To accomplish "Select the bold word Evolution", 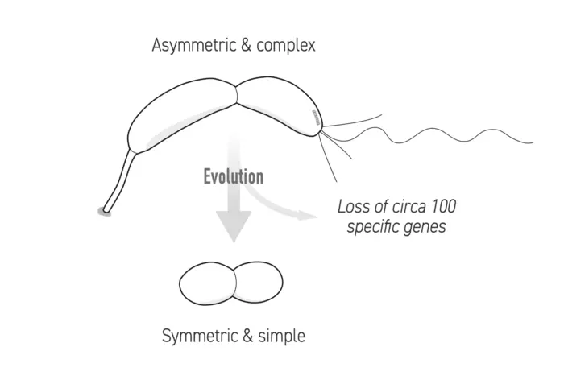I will coord(233,176).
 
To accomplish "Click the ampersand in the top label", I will coord(240,45).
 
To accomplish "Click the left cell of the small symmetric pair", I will coord(205,283).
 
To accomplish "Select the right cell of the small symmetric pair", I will coord(258,283).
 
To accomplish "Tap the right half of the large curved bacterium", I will coord(278,105).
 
